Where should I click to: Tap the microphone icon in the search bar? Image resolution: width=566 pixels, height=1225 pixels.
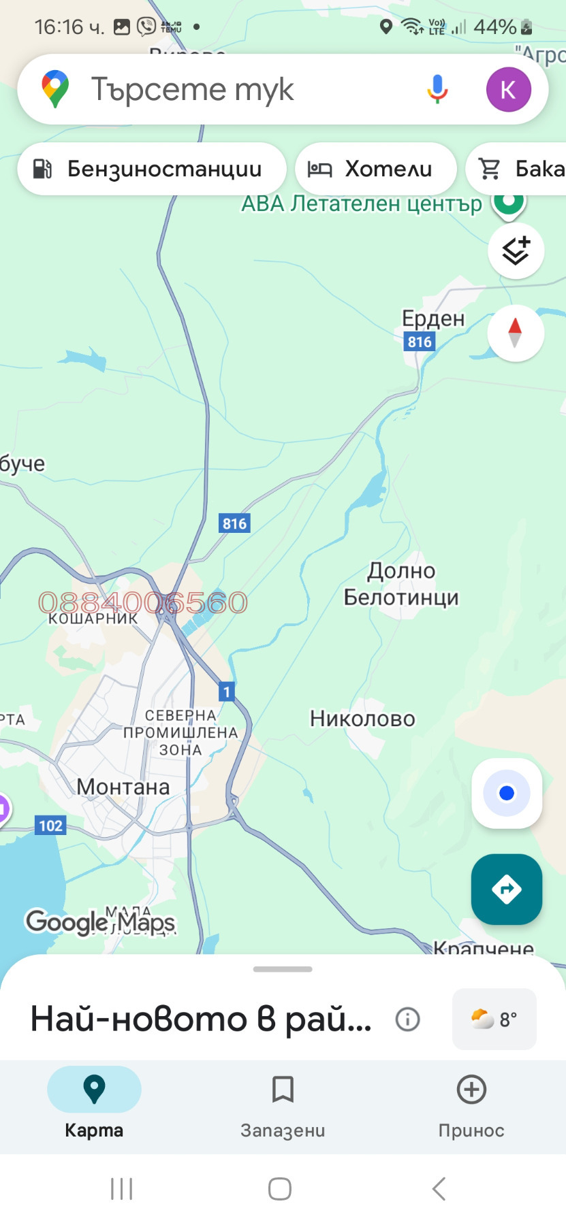click(437, 89)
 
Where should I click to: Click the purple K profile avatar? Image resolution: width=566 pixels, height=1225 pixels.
click(508, 89)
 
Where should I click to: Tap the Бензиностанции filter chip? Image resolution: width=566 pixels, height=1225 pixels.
click(151, 169)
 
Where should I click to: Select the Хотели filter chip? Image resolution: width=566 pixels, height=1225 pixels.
click(375, 169)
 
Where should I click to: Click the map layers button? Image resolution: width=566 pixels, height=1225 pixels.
click(516, 251)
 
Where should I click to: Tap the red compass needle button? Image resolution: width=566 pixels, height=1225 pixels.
click(515, 333)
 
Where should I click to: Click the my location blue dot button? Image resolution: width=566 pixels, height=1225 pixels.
click(507, 794)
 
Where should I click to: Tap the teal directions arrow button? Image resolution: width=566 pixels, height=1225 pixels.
click(507, 889)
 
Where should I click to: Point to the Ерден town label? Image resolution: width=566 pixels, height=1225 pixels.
click(433, 318)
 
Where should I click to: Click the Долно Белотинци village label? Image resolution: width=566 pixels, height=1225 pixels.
click(401, 584)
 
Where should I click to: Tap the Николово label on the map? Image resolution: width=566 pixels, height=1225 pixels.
click(362, 719)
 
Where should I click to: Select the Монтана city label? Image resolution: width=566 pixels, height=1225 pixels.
click(123, 787)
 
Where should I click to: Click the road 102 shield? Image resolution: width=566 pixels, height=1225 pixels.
click(50, 826)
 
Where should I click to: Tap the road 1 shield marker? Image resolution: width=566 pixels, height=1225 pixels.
click(227, 692)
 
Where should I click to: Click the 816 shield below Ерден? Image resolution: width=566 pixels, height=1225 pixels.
click(420, 342)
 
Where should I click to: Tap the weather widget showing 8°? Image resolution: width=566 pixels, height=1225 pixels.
click(494, 1019)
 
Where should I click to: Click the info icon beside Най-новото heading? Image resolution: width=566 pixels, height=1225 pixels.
click(407, 1019)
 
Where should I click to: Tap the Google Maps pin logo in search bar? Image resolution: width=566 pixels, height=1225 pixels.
click(55, 89)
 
